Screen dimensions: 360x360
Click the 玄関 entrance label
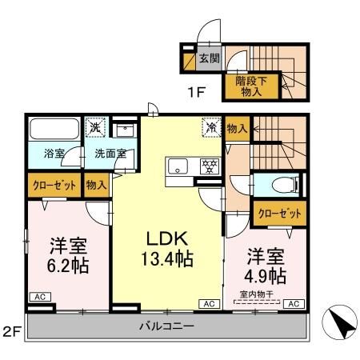pyautogui.click(x=209, y=58)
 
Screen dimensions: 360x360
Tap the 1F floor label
pyautogui.click(x=197, y=92)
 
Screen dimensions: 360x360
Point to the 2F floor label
pyautogui.click(x=11, y=330)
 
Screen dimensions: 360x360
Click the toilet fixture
pyautogui.click(x=281, y=185)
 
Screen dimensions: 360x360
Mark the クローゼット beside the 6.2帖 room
pyautogui.click(x=54, y=185)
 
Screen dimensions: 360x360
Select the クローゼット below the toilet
pyautogui.click(x=281, y=213)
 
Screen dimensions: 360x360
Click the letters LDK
pyautogui.click(x=166, y=238)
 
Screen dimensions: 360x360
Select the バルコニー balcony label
pyautogui.click(x=166, y=326)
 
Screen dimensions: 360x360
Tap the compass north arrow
pyautogui.click(x=338, y=325)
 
